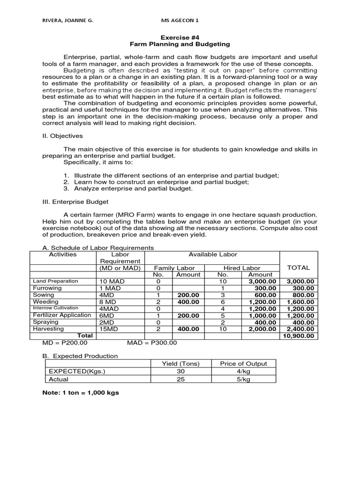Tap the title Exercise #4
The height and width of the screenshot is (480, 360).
(x=180, y=37)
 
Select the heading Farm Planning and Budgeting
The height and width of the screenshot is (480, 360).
(x=180, y=44)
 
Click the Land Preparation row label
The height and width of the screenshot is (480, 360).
(x=55, y=281)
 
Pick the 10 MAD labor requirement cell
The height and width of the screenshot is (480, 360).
(x=111, y=281)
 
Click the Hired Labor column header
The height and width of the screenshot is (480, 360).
(x=241, y=268)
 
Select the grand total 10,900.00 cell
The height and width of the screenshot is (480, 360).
(x=298, y=336)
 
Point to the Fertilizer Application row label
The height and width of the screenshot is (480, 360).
(x=62, y=315)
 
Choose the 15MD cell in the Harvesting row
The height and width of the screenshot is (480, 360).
(x=109, y=330)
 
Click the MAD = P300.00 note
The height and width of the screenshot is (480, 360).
(x=152, y=343)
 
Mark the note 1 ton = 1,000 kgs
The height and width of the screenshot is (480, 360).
(x=81, y=392)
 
